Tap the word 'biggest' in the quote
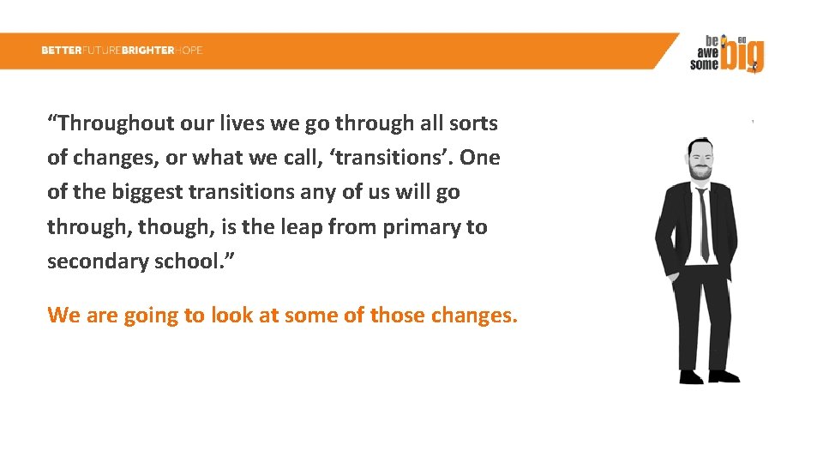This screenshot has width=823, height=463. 145,192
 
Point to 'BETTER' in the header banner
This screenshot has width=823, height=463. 61,51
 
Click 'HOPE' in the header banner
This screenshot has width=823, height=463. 189,51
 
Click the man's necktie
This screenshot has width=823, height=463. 703,223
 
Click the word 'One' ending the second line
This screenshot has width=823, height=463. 480,158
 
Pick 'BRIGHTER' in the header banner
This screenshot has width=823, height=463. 148,51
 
